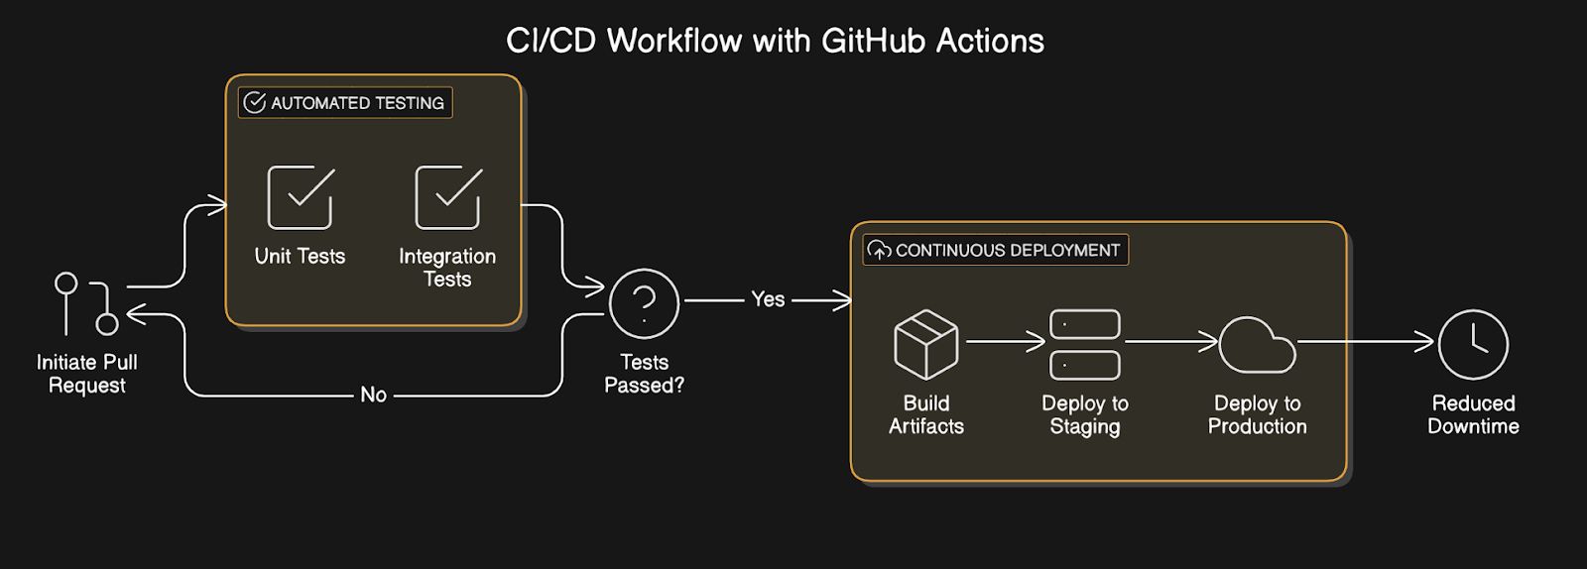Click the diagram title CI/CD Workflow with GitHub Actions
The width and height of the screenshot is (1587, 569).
pos(775,41)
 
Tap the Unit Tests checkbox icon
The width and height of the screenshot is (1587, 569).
pos(301,197)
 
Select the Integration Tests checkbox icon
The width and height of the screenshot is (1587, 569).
pos(448,197)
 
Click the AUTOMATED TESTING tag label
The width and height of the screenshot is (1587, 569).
pos(345,103)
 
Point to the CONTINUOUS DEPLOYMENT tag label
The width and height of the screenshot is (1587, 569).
pos(996,250)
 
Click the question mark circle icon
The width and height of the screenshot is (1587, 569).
pos(644,303)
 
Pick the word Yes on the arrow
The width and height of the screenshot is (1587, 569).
pos(768,299)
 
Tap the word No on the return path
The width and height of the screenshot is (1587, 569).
pos(373,395)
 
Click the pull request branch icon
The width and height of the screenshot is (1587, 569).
pos(86,303)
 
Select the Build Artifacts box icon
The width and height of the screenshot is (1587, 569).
pos(925,344)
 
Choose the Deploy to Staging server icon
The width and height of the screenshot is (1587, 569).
pos(1084,344)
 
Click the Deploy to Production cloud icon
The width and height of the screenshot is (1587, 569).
pos(1257,345)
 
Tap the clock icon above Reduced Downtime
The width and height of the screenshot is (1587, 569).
pos(1473,344)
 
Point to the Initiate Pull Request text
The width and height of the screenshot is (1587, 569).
pos(87,374)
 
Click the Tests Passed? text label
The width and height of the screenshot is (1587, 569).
pos(644,374)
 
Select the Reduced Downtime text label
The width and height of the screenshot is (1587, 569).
pos(1473,414)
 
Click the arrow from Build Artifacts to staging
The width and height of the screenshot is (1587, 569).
pos(1005,342)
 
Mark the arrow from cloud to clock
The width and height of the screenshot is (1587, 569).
pos(1366,342)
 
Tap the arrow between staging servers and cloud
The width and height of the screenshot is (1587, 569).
pos(1170,342)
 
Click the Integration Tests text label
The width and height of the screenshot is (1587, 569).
pos(447,268)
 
